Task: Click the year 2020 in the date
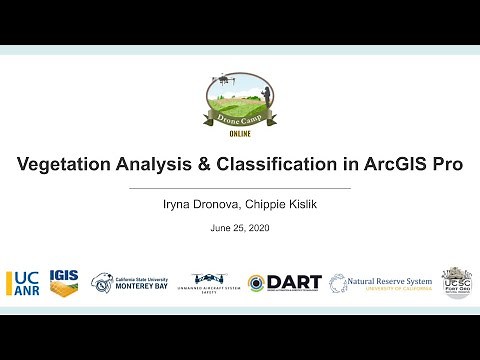(x=257, y=229)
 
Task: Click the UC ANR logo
(x=23, y=283)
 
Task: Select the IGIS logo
(x=65, y=283)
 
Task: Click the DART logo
(x=284, y=283)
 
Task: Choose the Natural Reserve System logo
(x=381, y=283)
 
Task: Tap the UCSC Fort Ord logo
(x=456, y=283)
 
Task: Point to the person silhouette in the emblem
(x=265, y=97)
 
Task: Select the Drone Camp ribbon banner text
(x=240, y=117)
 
